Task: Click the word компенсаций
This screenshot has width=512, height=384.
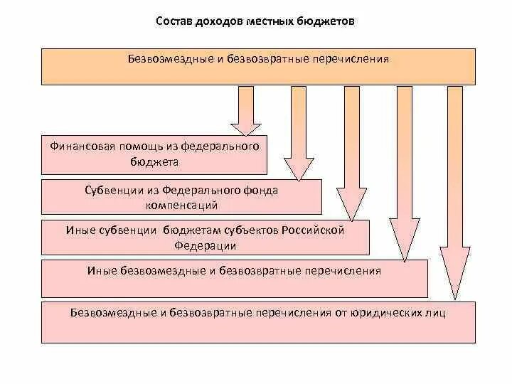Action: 181,205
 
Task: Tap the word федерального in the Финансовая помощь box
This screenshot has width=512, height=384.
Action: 220,147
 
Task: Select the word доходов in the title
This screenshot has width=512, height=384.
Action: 221,21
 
